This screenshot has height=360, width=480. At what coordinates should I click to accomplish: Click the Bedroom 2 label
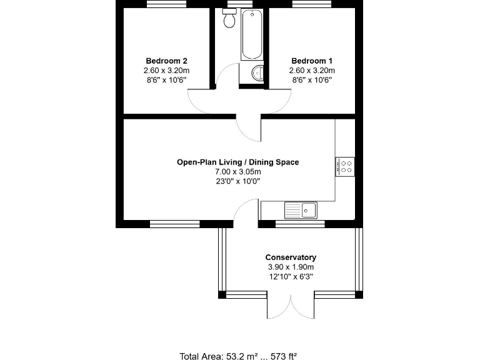point(166,61)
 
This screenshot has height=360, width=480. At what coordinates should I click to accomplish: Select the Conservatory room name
point(291,257)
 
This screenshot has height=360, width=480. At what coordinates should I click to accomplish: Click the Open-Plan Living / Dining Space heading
point(237,162)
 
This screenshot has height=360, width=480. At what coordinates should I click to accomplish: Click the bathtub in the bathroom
point(251,34)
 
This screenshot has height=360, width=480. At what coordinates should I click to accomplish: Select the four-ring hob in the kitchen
point(345,166)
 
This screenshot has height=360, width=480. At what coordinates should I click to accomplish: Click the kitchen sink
point(301,210)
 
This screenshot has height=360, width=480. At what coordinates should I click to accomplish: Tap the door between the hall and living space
point(250,128)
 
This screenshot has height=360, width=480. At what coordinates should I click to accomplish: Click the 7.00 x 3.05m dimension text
point(237,172)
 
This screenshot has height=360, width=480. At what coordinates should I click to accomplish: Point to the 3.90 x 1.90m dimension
point(291,267)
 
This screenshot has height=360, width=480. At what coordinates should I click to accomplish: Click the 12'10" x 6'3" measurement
point(291,276)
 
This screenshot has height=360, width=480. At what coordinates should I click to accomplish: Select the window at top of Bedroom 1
point(312,4)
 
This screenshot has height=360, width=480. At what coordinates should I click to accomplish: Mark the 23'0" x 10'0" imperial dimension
point(237,181)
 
